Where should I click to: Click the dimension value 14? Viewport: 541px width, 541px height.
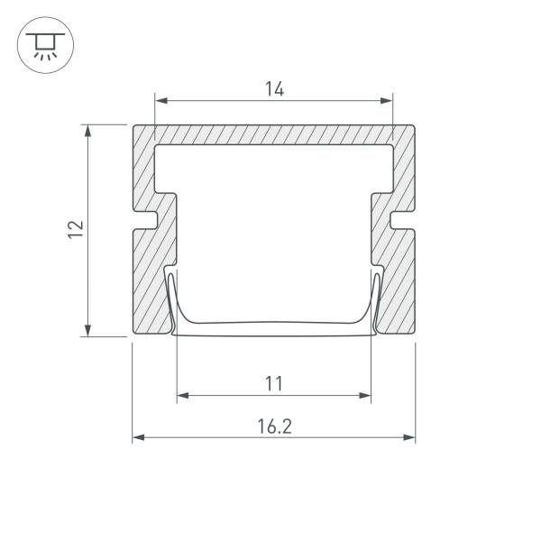coord(275,89)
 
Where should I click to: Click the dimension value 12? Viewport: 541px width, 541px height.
coord(76,229)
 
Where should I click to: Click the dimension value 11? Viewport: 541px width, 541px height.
coord(274,383)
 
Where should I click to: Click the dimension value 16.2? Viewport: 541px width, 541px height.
coord(275,426)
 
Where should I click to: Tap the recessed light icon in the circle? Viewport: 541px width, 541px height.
coord(45,45)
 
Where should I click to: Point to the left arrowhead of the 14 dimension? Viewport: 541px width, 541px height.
coord(161,101)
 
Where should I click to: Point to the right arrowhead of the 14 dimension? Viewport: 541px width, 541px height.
coord(386,101)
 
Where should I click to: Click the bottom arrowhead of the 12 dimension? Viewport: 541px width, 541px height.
coord(88,330)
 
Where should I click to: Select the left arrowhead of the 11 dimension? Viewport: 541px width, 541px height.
coord(183,396)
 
